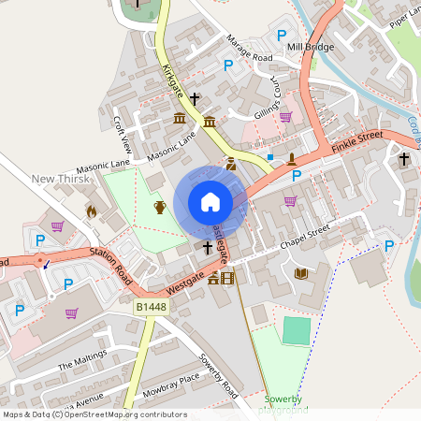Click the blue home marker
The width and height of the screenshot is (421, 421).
[x=210, y=201]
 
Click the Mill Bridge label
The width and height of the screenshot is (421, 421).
[x=311, y=47]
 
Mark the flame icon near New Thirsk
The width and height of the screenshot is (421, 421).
[x=91, y=212]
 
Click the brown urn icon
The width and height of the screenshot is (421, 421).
[x=160, y=206]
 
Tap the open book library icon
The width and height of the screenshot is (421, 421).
[x=301, y=273]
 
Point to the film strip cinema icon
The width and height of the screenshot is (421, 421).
[x=227, y=277]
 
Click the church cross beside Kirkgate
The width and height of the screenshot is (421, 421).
[x=196, y=97]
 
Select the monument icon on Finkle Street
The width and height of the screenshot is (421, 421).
[x=292, y=158]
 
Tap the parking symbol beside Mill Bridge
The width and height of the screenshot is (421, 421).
[x=281, y=36]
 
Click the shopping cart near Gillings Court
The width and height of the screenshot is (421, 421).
[x=285, y=117]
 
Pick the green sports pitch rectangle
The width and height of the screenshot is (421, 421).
[x=297, y=329]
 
